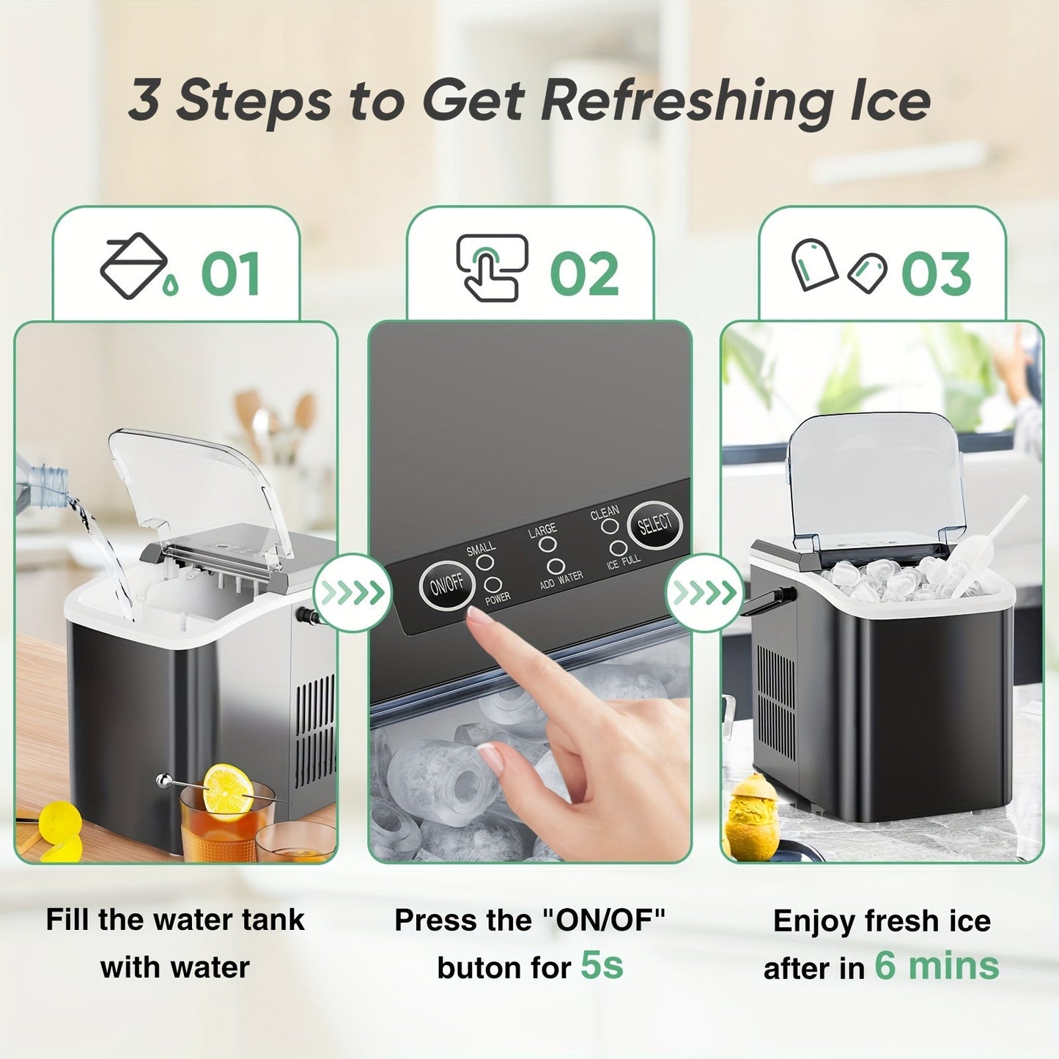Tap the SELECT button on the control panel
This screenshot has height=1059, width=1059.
tap(654, 524)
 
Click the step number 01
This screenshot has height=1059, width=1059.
tap(231, 275)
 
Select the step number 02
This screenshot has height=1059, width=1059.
tap(584, 275)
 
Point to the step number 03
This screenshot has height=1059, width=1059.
tap(936, 275)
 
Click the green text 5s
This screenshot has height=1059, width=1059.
tap(602, 965)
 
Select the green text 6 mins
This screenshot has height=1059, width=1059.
tap(937, 965)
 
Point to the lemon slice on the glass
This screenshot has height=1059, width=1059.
tap(227, 789)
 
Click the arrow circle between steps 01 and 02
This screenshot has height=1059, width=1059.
tap(353, 592)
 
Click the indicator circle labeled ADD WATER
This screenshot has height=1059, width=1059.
tap(556, 567)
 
